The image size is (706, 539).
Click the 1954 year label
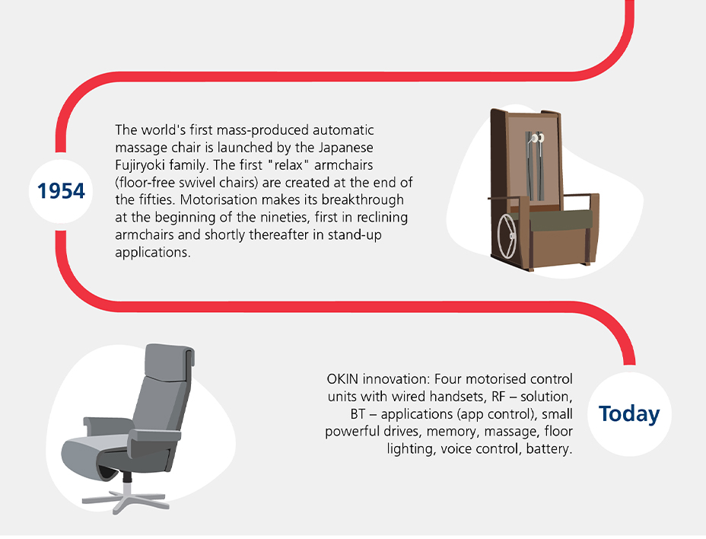click(61, 191)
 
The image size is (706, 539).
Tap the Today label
click(629, 413)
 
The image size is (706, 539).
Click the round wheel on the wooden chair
click(507, 236)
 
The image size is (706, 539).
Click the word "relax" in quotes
click(288, 165)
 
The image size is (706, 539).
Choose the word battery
click(549, 449)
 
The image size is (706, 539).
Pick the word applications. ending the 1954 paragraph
click(153, 253)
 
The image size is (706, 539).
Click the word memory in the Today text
click(453, 432)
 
